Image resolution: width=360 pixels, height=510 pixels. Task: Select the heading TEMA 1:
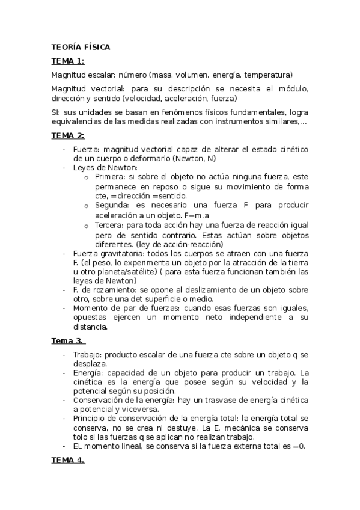coord(67,61)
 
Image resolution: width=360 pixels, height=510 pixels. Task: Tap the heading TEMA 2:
coord(67,135)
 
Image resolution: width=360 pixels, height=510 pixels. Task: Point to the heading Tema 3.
coord(69,340)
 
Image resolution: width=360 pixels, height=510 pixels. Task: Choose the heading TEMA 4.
coord(67,460)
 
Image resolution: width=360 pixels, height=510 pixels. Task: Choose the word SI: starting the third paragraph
coord(56,112)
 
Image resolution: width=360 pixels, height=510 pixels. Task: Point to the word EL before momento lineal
coord(80,446)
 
